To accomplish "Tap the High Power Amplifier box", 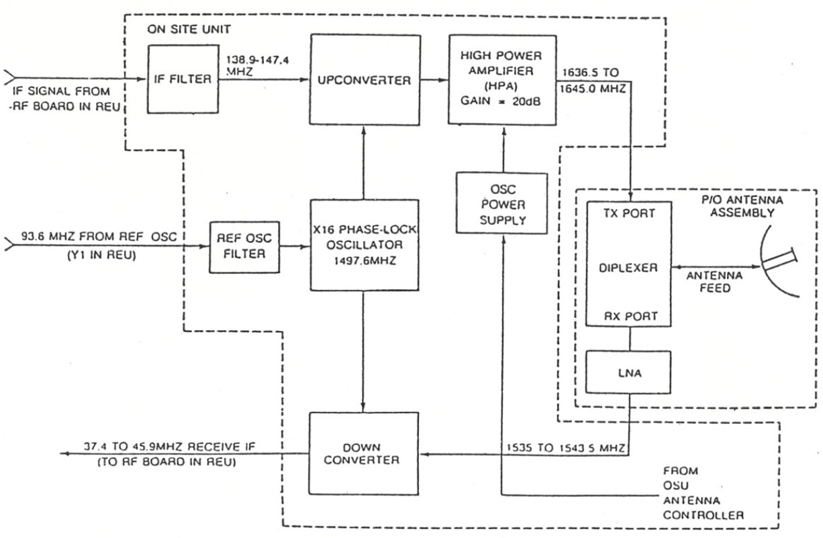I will coord(501,79).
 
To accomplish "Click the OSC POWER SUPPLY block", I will coord(501,203).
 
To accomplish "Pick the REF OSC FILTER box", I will coord(244,246).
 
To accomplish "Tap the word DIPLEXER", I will coord(628,267).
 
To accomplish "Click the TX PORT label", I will coord(621,214).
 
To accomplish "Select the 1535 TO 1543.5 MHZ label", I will coord(567,445).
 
